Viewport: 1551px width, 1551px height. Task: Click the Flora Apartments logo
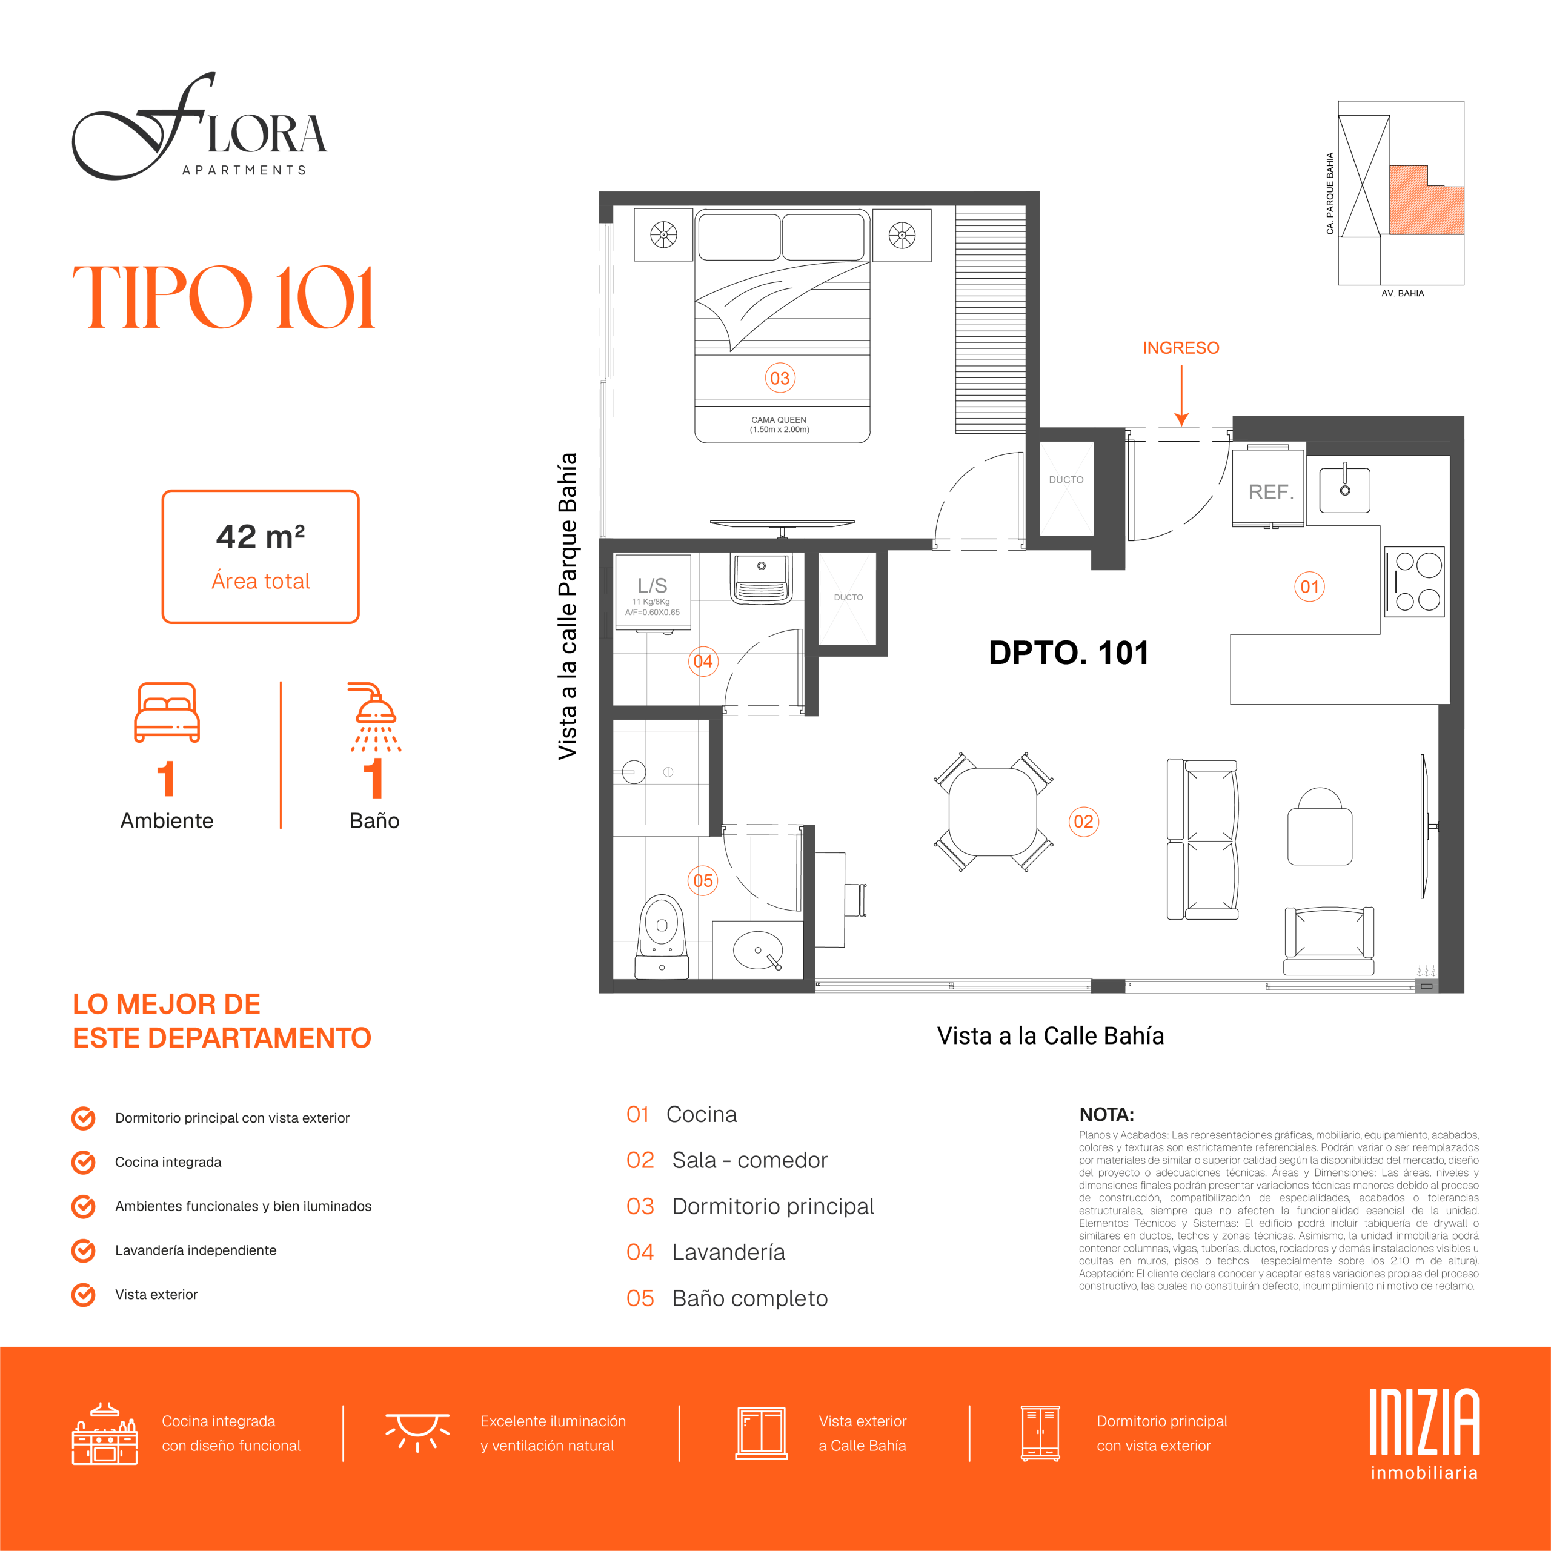click(199, 126)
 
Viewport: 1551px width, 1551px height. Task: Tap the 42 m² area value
click(260, 536)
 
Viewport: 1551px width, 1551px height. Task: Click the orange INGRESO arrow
click(1181, 395)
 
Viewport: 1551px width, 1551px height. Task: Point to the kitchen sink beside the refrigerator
click(1344, 490)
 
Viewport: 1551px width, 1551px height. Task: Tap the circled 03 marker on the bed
click(780, 378)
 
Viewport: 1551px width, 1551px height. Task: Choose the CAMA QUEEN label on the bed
click(779, 424)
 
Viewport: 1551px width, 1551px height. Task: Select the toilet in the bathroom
click(662, 936)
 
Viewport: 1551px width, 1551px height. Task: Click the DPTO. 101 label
click(1069, 653)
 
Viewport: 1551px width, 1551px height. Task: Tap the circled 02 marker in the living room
click(1083, 822)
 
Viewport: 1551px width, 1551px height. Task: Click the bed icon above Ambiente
click(167, 712)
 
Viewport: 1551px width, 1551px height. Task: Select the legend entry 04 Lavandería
click(706, 1252)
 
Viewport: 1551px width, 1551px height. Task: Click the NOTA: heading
click(1106, 1114)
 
